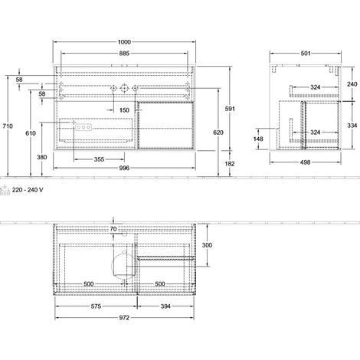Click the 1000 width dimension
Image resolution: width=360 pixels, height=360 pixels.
pos(124,42)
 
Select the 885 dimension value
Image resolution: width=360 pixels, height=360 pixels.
pos(124,53)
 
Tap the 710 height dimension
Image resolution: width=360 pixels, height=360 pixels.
pos(8,126)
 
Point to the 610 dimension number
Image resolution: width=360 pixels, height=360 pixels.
pos(31,133)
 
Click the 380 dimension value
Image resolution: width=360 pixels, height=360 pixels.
pos(42,157)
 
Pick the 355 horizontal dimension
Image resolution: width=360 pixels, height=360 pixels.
pos(99,159)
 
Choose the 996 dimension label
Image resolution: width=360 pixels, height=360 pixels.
pos(124,168)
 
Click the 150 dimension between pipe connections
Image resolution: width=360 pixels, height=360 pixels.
pos(124,110)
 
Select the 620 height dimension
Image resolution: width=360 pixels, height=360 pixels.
pos(218,133)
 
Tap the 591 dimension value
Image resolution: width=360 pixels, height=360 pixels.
pos(230,109)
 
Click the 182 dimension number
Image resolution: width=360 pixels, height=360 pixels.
pos(230,164)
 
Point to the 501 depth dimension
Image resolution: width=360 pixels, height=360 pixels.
pos(306,53)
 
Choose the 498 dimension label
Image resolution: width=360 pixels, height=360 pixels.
pos(306,162)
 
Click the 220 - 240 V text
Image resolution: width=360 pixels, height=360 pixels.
pos(28,190)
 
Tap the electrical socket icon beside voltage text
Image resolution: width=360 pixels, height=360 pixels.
pos(5,191)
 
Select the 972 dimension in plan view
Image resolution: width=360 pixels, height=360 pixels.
pos(124,318)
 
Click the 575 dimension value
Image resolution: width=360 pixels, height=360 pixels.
pos(96,306)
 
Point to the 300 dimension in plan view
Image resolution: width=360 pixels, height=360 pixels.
pos(207,245)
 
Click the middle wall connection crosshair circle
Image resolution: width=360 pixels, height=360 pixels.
pos(124,88)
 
